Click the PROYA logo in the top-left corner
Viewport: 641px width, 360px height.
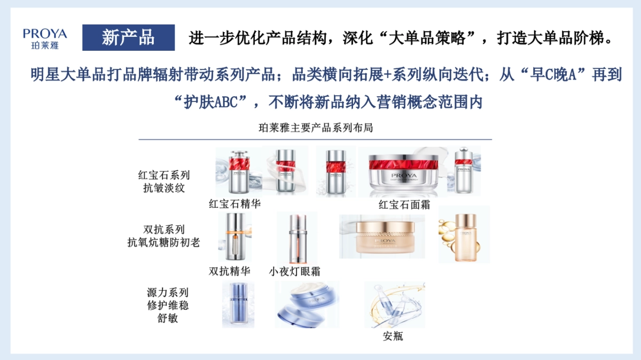45,38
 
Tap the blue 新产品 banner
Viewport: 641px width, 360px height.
128,38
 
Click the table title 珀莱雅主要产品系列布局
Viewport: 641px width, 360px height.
315,127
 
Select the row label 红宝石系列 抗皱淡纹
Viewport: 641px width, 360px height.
163,182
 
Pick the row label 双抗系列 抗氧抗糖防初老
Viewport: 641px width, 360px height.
163,236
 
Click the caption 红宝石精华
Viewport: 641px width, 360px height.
234,204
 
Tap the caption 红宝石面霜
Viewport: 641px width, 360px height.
404,205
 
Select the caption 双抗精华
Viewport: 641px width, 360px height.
230,271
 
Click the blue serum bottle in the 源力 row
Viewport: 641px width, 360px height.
238,304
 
